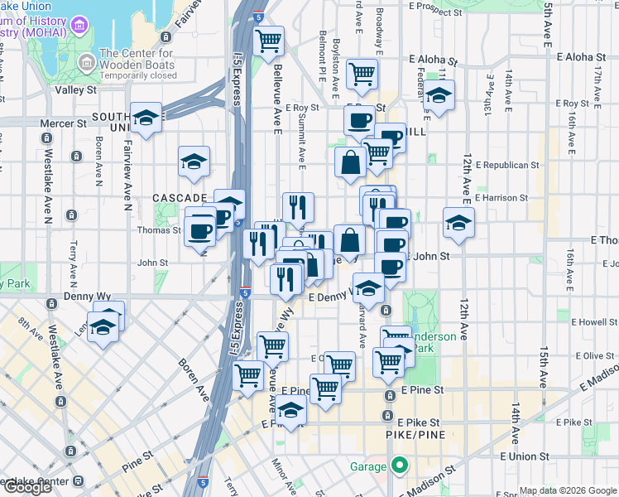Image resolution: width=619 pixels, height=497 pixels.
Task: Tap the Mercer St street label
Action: point(64,123)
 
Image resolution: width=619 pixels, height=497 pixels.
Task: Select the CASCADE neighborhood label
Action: point(180,198)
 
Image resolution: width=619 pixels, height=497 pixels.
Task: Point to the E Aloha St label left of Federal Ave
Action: point(434,61)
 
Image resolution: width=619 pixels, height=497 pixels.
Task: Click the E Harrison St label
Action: point(502,198)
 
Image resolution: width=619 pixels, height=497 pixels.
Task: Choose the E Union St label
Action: point(525,456)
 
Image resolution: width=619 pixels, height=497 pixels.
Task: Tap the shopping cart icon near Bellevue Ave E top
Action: point(268,40)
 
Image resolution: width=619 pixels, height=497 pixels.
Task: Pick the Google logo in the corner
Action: point(27,486)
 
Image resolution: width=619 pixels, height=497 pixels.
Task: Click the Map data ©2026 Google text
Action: point(567,490)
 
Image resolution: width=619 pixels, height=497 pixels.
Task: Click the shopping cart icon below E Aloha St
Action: point(362,74)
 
